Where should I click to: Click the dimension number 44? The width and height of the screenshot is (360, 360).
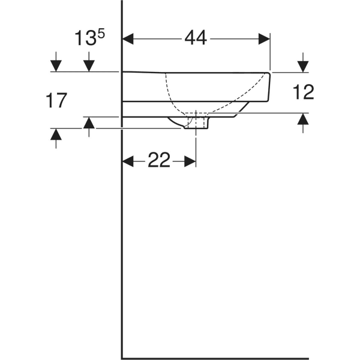tap(196, 38)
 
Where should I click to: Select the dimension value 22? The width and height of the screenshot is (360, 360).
tap(159, 161)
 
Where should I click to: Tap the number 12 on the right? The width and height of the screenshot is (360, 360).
tap(304, 92)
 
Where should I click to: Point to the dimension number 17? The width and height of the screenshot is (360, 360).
tap(56, 100)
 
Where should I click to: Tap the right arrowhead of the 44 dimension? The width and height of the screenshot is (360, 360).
tap(264, 38)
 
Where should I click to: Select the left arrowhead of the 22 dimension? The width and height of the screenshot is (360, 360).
tap(128, 161)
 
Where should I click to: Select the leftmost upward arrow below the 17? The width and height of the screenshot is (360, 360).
tap(56, 136)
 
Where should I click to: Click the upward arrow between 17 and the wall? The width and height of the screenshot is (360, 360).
tap(89, 124)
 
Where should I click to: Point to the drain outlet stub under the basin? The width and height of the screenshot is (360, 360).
tap(197, 123)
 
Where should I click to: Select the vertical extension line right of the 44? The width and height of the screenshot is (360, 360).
tap(271, 54)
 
